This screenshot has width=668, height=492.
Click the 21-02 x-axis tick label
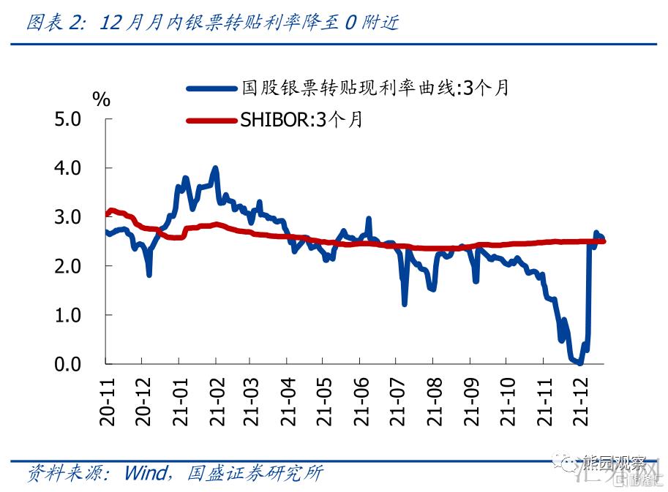pos(215,401)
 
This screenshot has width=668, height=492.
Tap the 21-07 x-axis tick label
pos(397,401)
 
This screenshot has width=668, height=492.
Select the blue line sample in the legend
pos(212,88)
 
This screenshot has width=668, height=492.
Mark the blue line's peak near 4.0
pos(215,168)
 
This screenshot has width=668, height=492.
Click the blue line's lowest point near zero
pos(579,363)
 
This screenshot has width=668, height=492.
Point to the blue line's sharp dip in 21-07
pos(405,303)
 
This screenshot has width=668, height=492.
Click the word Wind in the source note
pos(146,473)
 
